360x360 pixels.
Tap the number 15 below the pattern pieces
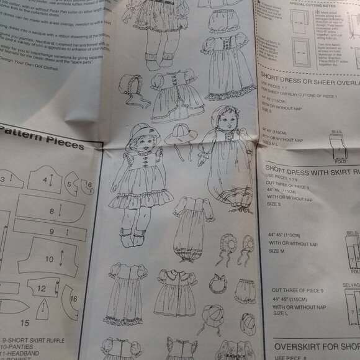click(25, 323)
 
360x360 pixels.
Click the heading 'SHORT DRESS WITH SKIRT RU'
click(310, 168)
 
